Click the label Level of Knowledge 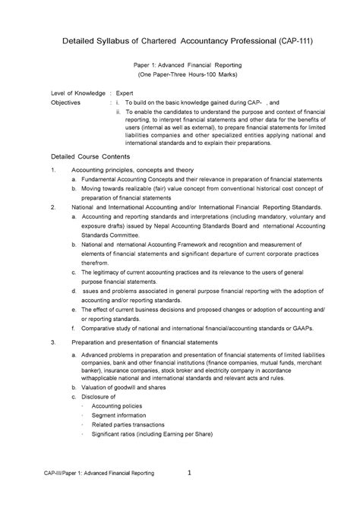click(x=78, y=91)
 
